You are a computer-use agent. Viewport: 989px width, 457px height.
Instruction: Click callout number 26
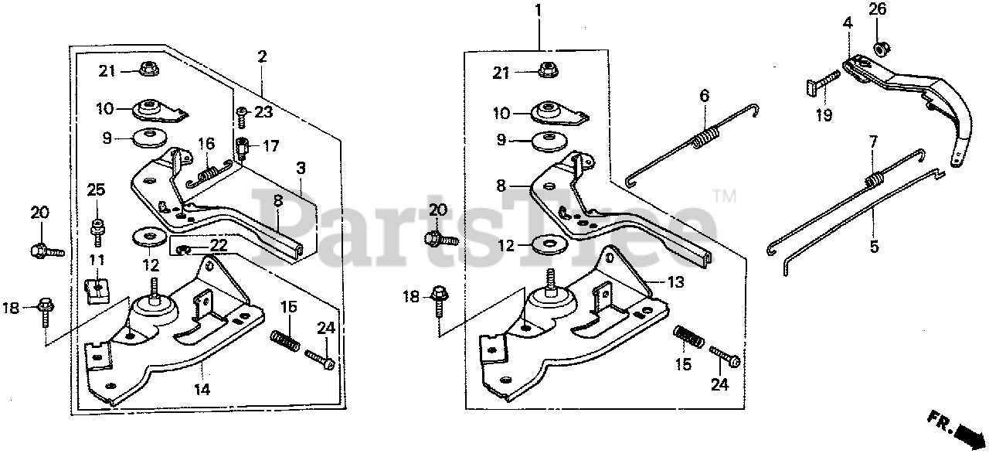click(877, 10)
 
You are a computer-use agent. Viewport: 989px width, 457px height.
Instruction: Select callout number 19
click(824, 116)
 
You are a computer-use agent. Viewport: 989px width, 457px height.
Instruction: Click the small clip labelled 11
click(95, 290)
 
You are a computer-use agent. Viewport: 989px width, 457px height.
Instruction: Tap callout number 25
click(96, 210)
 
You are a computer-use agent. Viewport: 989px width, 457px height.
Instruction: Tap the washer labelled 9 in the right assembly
click(549, 142)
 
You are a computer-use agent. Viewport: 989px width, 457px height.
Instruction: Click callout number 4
click(848, 24)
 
